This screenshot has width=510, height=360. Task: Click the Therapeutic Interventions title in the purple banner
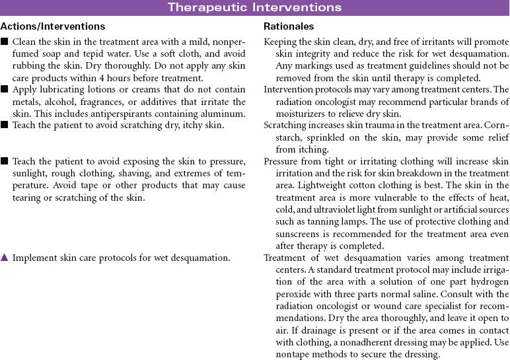(x=254, y=8)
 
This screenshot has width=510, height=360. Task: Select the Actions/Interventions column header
(x=53, y=27)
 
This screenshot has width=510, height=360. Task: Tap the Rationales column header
(x=289, y=27)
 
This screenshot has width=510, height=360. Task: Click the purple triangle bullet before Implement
(x=5, y=258)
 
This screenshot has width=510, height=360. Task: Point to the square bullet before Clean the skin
(x=5, y=41)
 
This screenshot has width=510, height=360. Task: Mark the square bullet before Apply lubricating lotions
(x=5, y=90)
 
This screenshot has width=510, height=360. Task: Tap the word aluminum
(x=225, y=114)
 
